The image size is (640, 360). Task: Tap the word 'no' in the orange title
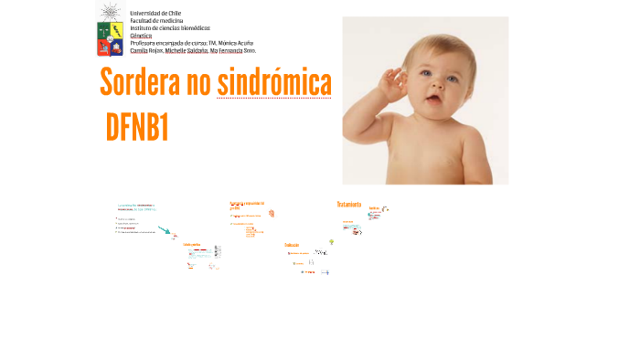click(x=198, y=83)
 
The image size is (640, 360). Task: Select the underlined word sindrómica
click(x=274, y=83)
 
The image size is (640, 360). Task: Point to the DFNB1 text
click(x=137, y=129)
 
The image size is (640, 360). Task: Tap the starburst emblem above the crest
click(x=110, y=11)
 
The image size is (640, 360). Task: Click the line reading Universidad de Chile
click(x=155, y=13)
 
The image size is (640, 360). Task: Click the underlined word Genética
click(x=141, y=35)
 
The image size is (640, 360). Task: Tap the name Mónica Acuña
click(x=236, y=43)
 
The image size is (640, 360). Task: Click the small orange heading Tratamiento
click(x=348, y=205)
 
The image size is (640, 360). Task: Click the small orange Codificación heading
click(x=292, y=245)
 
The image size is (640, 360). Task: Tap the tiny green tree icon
click(x=331, y=242)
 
